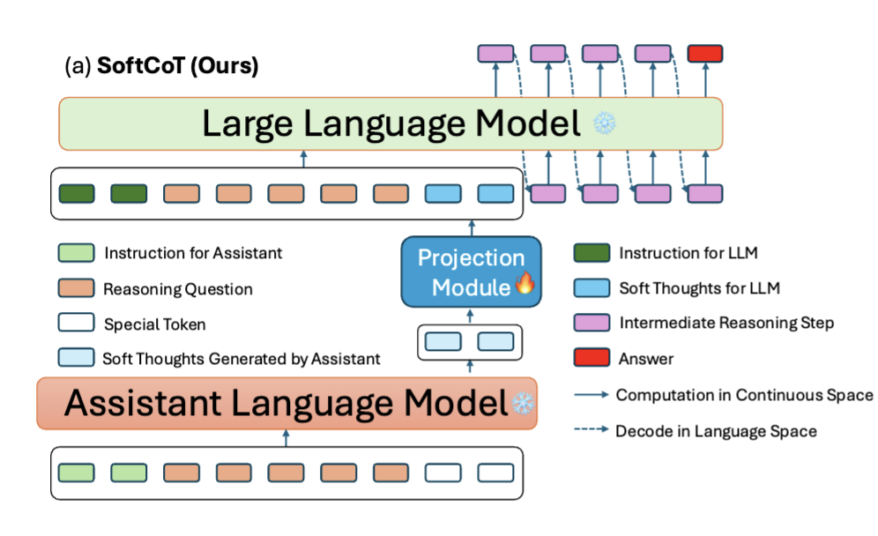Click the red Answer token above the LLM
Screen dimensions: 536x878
[x=704, y=54]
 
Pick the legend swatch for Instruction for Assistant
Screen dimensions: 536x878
[x=75, y=253]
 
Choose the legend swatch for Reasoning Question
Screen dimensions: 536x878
[x=75, y=288]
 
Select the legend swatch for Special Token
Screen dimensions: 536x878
[x=75, y=324]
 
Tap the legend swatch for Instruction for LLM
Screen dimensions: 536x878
[x=592, y=253]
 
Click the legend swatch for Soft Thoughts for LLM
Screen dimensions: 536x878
[x=592, y=288]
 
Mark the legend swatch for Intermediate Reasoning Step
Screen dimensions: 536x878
[x=592, y=324]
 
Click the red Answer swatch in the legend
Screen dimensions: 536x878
[x=592, y=359]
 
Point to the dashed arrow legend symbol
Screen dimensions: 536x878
[x=591, y=430]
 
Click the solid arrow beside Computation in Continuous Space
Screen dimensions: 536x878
[x=591, y=395]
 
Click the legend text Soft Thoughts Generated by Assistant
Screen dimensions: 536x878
[x=242, y=359]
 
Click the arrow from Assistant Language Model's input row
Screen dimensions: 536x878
[x=286, y=438]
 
